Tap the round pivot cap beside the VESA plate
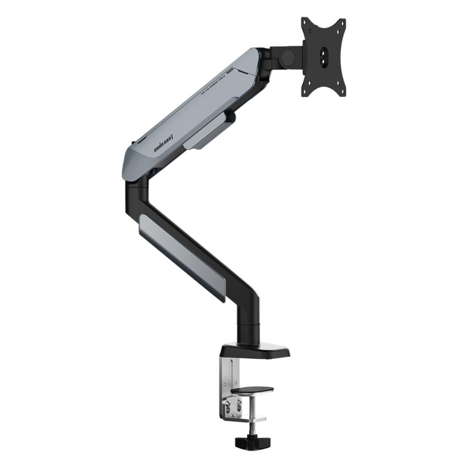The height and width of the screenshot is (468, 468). [286, 56]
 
